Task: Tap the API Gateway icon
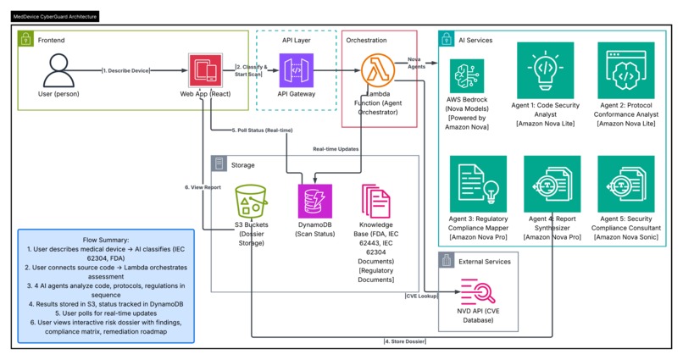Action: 297,71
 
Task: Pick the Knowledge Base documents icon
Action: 378,204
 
